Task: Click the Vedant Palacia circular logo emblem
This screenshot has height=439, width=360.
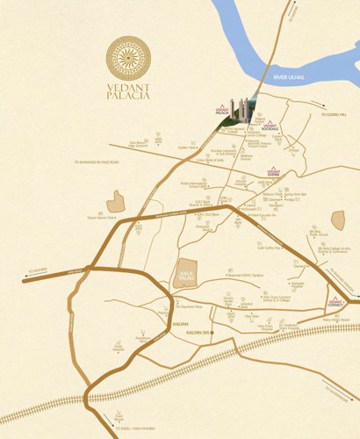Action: pos(128,59)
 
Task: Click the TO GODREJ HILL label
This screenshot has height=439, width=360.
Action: pos(335,115)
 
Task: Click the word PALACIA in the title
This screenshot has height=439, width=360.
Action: pos(128,97)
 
